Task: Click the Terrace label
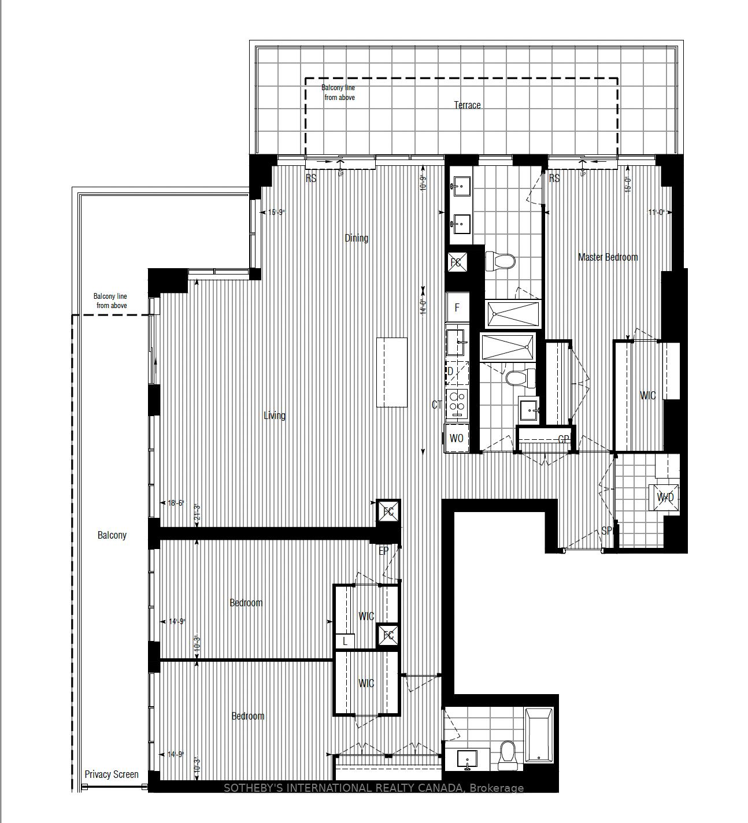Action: point(467,105)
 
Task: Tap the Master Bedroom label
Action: point(608,257)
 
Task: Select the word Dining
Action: point(356,238)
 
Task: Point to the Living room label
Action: point(275,416)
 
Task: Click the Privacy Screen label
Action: point(112,774)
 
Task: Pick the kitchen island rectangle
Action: point(391,372)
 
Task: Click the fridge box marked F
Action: point(457,307)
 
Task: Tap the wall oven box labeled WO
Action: point(456,438)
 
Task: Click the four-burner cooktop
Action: point(456,404)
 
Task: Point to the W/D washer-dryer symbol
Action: point(665,497)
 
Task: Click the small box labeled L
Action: point(345,641)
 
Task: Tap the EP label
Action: point(383,551)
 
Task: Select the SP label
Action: point(606,531)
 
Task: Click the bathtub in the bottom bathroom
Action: point(539,735)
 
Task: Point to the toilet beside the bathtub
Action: point(508,755)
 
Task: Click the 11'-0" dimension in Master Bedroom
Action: point(656,213)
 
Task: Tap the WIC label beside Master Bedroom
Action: point(647,395)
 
